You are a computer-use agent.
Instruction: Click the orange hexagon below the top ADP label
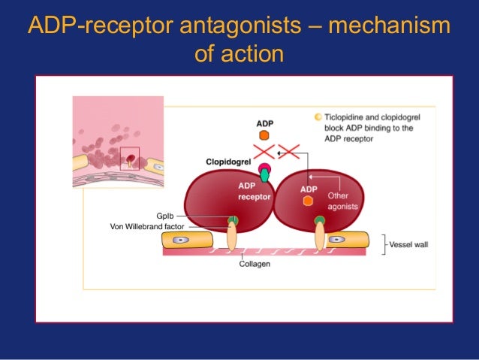coord(264,136)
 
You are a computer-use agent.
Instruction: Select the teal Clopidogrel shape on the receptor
coord(264,175)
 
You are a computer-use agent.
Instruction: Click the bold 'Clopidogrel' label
coord(229,161)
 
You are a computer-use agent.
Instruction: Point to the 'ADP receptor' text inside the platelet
coord(249,191)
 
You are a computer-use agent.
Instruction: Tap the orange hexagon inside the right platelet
coord(308,201)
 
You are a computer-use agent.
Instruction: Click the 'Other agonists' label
coord(342,201)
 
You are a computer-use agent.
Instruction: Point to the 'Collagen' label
coord(255,264)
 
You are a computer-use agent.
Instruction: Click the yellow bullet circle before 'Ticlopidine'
coord(318,117)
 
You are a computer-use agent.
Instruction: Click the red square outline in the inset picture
coord(130,159)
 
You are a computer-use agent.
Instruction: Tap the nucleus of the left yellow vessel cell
coord(180,241)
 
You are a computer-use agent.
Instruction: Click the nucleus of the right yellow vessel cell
coord(336,240)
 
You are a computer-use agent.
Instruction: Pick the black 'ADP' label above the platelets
coord(264,123)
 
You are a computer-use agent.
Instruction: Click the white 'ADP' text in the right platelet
coord(308,189)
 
